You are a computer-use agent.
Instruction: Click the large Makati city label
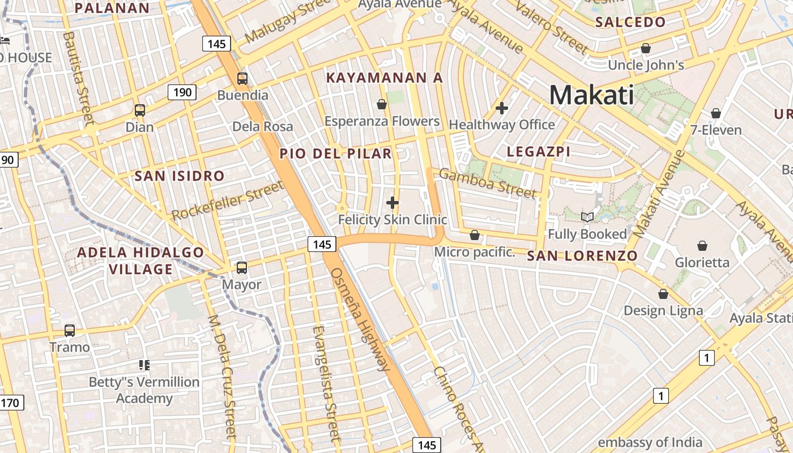click(591, 95)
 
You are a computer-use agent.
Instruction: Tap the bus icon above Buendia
click(242, 79)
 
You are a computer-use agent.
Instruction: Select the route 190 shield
click(182, 92)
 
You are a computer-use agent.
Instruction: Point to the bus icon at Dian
click(139, 110)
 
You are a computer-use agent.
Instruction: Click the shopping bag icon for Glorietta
click(702, 246)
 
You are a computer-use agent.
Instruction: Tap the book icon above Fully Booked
click(587, 217)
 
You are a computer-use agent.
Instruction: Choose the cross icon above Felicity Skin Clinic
click(392, 202)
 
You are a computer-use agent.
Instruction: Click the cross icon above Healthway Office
click(501, 108)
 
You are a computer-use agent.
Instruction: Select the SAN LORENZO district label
click(582, 256)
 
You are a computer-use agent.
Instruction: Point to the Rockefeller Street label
click(227, 201)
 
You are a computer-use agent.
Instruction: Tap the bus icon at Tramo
click(70, 330)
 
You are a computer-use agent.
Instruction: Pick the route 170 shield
click(10, 403)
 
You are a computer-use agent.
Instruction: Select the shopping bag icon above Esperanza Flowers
click(382, 104)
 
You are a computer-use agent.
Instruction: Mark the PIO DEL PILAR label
click(335, 153)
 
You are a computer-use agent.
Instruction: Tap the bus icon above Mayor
click(242, 267)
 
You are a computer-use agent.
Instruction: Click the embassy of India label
click(650, 442)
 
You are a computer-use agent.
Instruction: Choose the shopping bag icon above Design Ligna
click(663, 294)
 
